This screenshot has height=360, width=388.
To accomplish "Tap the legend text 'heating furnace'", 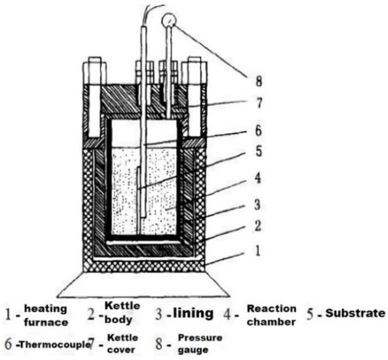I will [45, 314].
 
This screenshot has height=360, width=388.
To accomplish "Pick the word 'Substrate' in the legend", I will [355, 313].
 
